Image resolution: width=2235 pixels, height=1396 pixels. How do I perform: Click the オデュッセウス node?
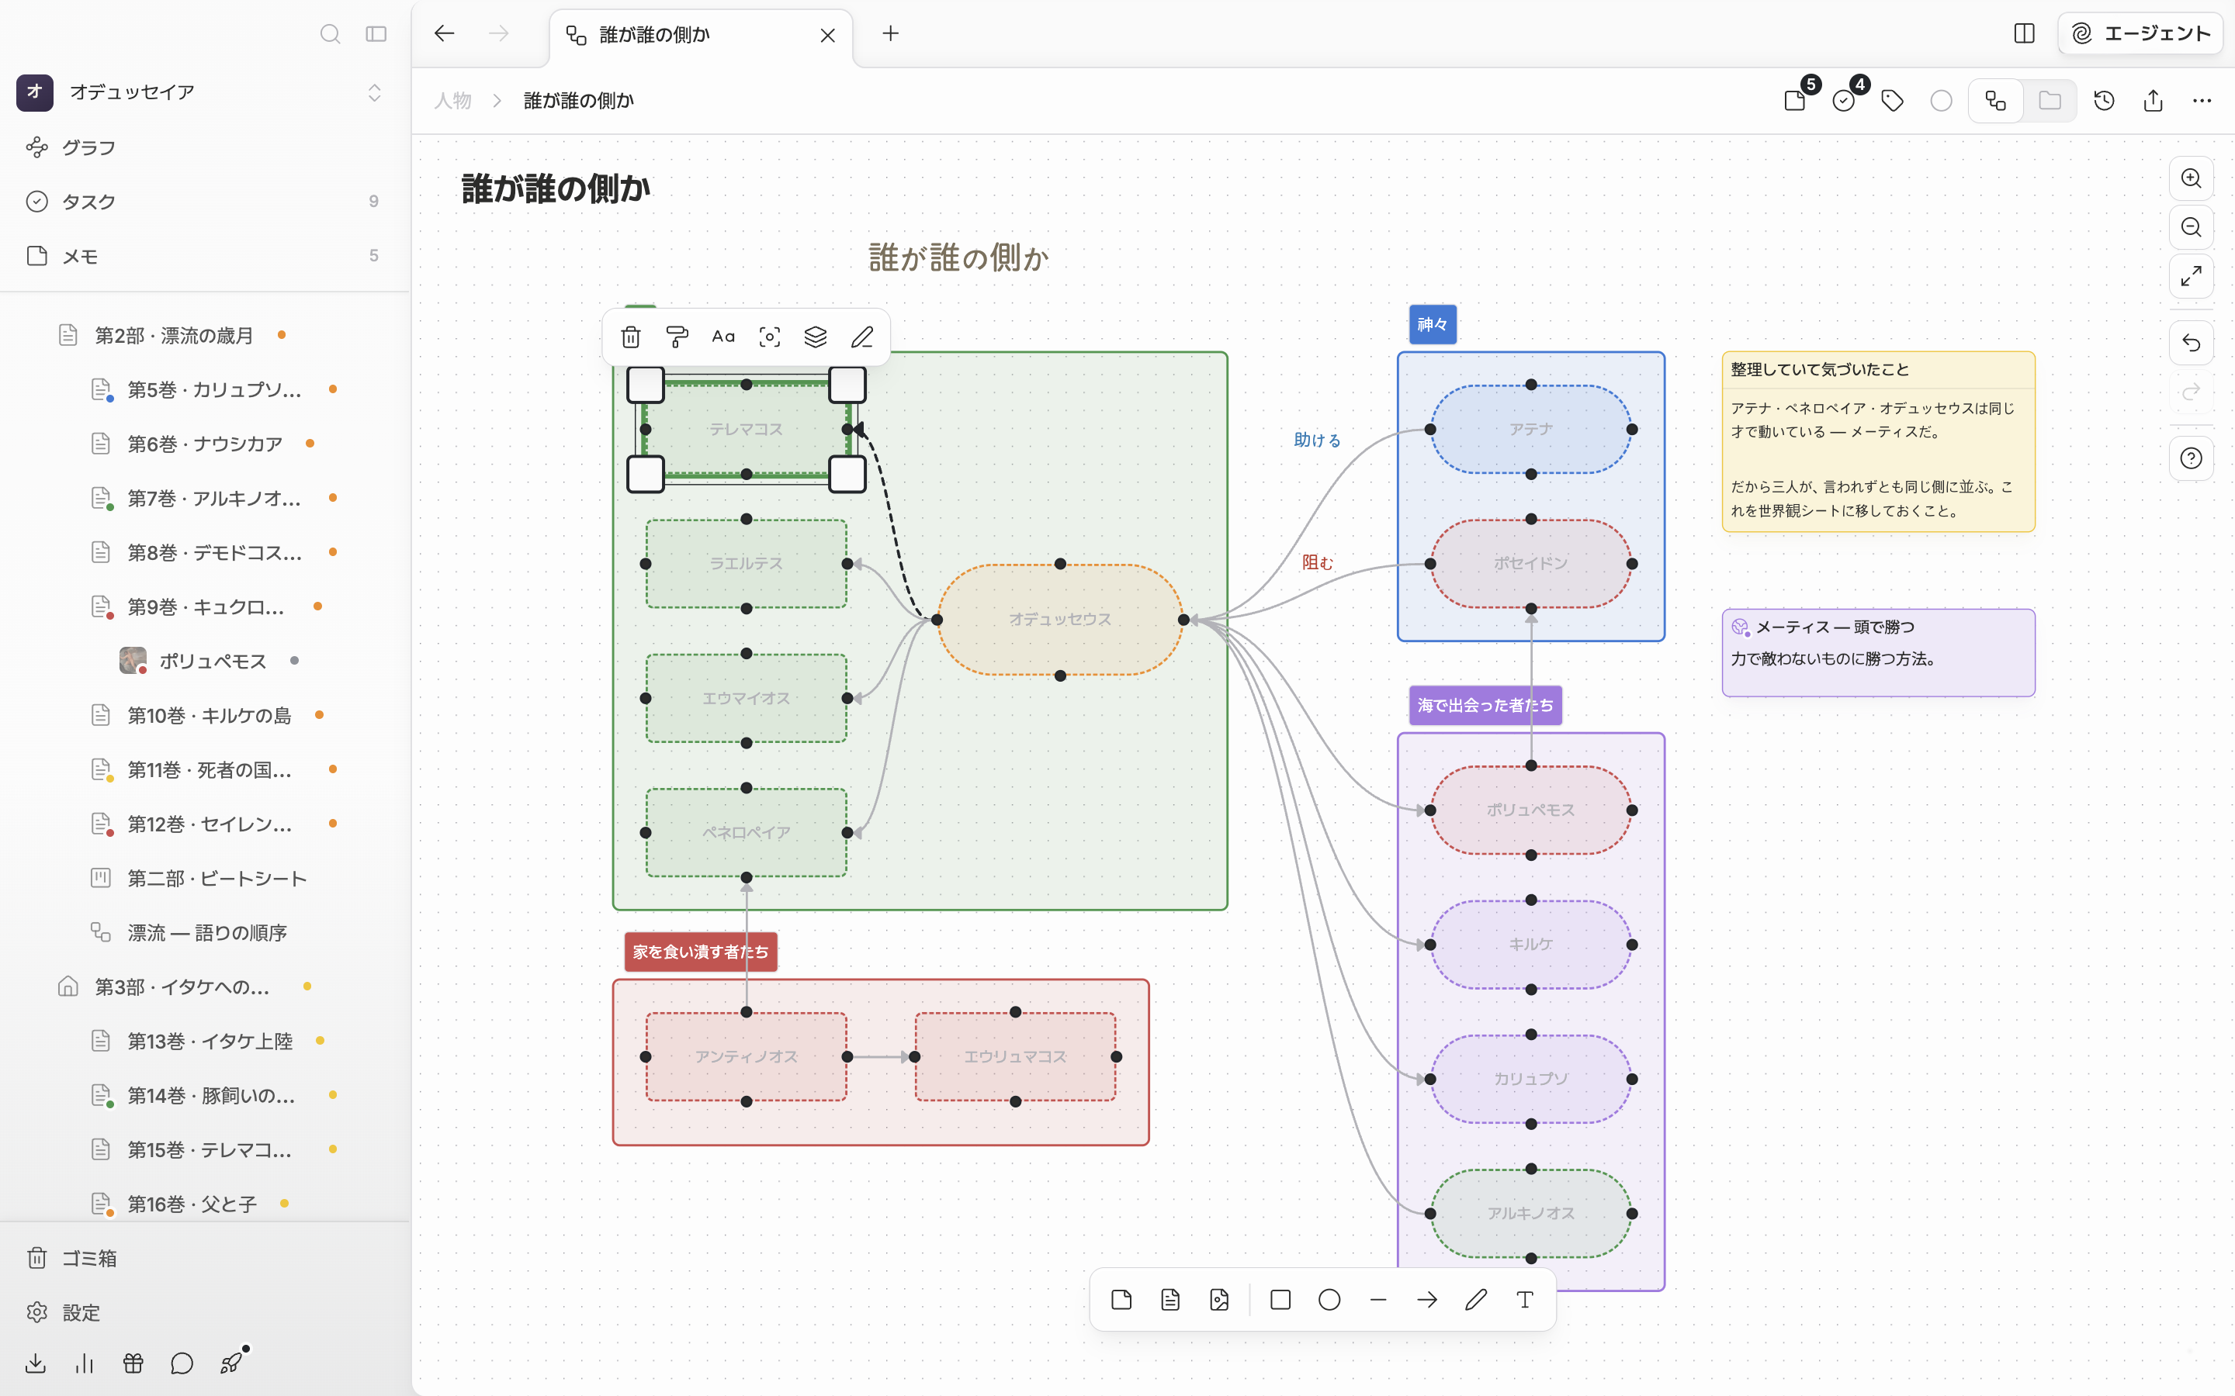1060,620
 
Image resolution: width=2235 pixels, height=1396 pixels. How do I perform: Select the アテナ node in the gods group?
1530,430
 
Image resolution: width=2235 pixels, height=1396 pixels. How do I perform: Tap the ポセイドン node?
1530,563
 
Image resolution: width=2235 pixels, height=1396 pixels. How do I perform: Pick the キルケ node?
1530,945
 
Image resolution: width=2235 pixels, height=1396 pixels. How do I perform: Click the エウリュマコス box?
1015,1056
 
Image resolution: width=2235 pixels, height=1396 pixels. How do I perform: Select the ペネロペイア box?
747,833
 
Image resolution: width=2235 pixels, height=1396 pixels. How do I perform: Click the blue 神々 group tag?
1433,324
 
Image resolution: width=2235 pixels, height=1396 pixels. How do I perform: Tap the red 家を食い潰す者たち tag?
700,952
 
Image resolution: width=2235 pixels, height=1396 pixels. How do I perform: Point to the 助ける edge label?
1317,441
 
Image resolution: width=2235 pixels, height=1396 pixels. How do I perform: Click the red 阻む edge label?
1318,562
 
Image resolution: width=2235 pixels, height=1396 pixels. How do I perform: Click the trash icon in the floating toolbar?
631,337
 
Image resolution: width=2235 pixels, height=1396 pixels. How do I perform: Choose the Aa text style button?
723,337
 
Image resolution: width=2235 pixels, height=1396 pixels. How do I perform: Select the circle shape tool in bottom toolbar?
1329,1300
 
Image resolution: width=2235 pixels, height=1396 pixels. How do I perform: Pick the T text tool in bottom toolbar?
1525,1300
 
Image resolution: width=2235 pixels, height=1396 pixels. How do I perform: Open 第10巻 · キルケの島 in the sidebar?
209,716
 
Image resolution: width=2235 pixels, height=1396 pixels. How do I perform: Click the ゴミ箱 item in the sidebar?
88,1259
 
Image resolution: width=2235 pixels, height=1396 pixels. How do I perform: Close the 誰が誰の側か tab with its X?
827,35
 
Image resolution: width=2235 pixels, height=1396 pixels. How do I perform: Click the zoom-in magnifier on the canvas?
2191,178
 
